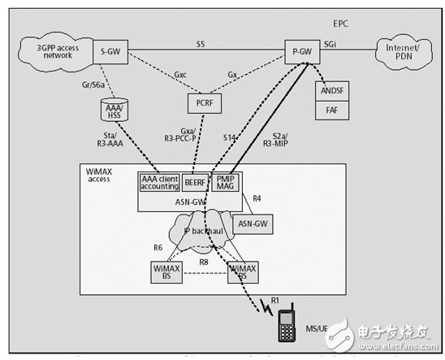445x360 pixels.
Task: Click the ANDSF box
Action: [x=332, y=92]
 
